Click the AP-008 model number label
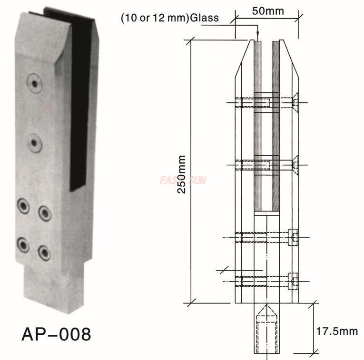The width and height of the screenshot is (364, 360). click(56, 334)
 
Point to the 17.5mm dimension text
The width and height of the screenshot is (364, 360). click(338, 330)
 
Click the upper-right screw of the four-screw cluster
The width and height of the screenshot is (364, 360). click(45, 213)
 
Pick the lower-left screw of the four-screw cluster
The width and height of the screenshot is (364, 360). click(23, 245)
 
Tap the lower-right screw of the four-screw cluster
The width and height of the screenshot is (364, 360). click(44, 251)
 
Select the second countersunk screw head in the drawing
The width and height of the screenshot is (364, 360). click(295, 165)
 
